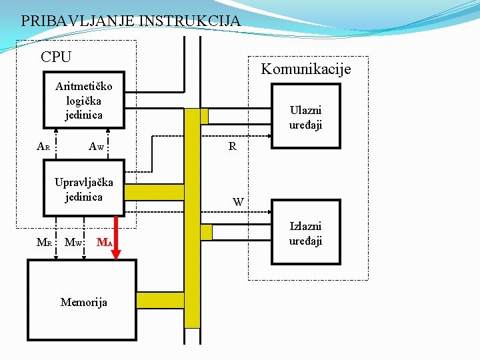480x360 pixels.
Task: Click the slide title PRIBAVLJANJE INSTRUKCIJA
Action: tap(131, 21)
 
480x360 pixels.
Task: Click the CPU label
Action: tap(56, 57)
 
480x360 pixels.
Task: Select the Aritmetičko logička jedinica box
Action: tap(83, 101)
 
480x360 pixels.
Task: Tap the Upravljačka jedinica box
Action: tap(83, 189)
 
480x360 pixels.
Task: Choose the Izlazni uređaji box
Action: tap(305, 233)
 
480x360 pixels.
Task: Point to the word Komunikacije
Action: tap(305, 69)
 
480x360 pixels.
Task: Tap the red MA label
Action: tap(103, 242)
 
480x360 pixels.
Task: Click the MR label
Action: tap(44, 242)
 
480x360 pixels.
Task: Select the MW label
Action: tap(73, 242)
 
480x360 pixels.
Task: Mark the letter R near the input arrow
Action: tap(232, 147)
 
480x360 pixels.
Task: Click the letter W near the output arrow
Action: tap(238, 201)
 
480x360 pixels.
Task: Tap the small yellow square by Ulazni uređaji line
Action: tap(205, 117)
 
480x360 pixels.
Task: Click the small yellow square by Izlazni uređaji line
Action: tap(206, 232)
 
